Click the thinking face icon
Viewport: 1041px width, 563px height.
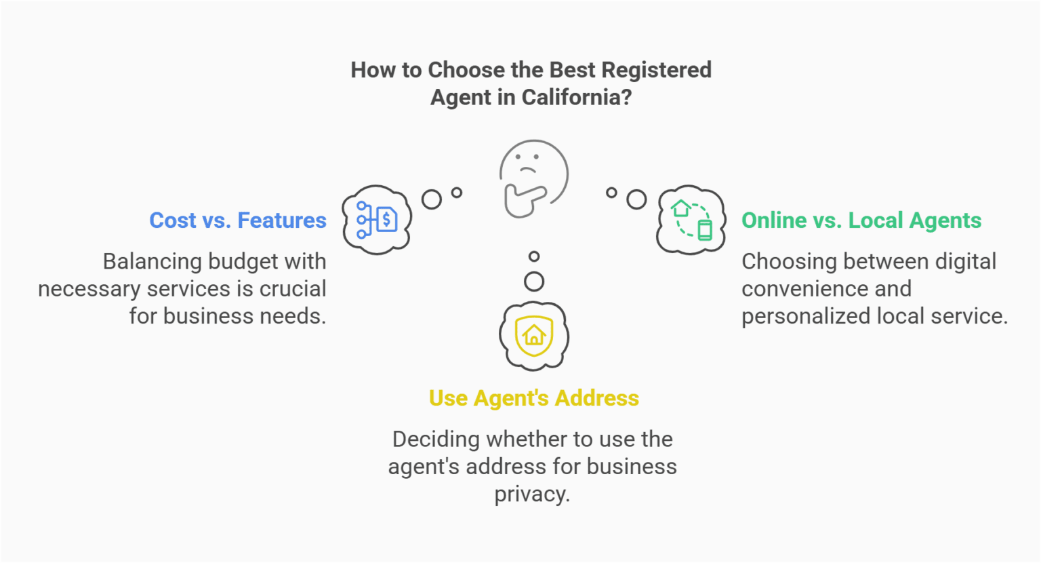[533, 178]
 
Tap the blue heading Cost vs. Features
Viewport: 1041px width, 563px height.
[238, 220]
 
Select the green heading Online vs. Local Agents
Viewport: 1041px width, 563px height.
[861, 220]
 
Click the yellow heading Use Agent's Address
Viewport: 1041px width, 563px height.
[533, 398]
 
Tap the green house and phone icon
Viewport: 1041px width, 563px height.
[691, 220]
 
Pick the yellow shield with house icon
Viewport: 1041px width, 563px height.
[534, 336]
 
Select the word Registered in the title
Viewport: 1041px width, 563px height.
[656, 70]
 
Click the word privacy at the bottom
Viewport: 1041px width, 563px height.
[531, 494]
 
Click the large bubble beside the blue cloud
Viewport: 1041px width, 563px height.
[431, 199]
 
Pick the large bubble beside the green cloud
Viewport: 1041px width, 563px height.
[636, 199]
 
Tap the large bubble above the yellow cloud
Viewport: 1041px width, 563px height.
[534, 281]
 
